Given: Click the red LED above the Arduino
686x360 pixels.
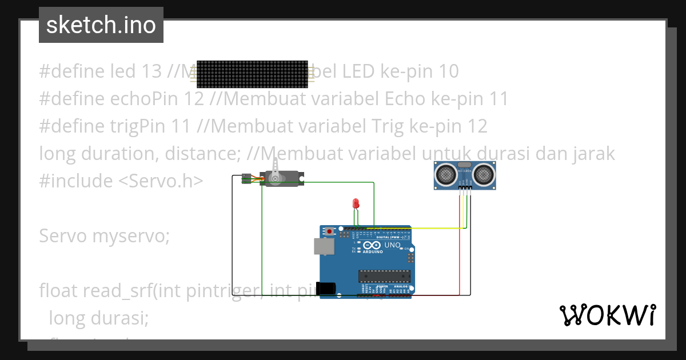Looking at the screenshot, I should [x=356, y=203].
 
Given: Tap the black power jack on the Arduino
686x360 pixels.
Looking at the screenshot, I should [x=326, y=289].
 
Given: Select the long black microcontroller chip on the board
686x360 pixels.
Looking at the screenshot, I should [x=385, y=277].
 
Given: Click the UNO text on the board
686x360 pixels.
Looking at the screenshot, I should [x=392, y=246].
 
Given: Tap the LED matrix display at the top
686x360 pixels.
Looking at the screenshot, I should [x=252, y=73].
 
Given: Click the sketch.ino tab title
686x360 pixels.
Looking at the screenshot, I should [x=101, y=25].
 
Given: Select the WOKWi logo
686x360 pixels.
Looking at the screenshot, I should [x=607, y=315].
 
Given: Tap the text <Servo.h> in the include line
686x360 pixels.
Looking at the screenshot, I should [x=161, y=181].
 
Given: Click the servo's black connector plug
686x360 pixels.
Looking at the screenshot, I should [x=246, y=178].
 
